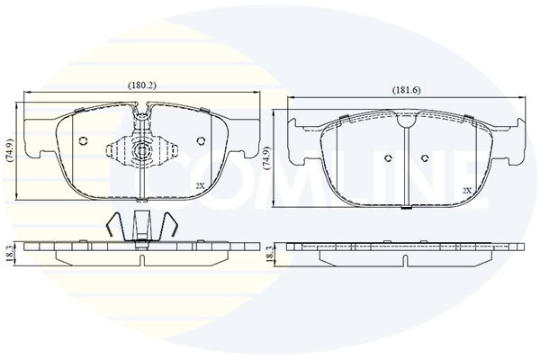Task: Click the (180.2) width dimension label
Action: tap(142, 85)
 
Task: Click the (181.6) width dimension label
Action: tap(407, 90)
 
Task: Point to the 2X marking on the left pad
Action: tap(200, 185)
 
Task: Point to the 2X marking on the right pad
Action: tap(467, 191)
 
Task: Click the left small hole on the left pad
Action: tap(83, 141)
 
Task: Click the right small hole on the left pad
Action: tap(201, 141)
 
